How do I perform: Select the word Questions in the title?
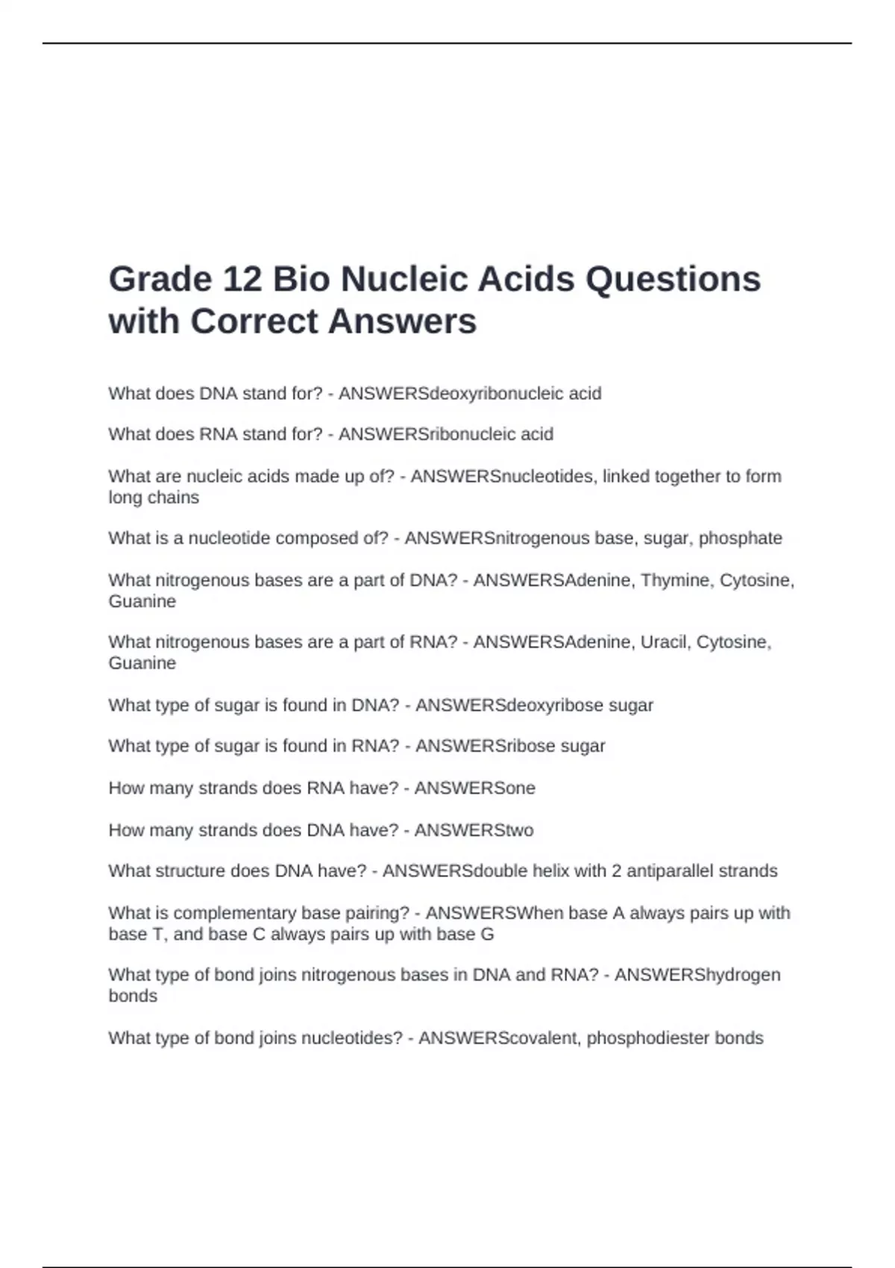673,280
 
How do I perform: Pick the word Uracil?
663,642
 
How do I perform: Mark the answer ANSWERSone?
474,788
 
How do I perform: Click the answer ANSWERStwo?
474,830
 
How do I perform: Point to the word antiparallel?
671,871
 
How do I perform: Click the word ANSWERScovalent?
500,1038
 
